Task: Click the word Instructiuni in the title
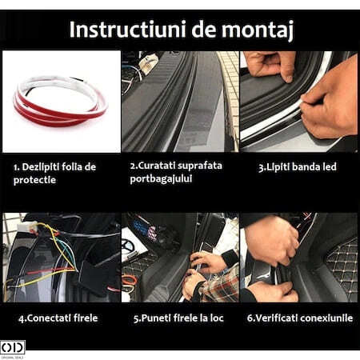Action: (x=127, y=29)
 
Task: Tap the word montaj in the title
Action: (x=258, y=30)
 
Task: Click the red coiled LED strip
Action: (x=61, y=102)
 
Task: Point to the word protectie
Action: (x=34, y=180)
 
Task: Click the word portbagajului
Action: (x=161, y=178)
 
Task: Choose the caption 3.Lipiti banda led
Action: (x=298, y=167)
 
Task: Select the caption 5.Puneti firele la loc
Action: (x=178, y=318)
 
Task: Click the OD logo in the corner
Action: (x=13, y=347)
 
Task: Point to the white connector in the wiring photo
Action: (x=27, y=227)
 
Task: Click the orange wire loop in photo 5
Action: (x=130, y=281)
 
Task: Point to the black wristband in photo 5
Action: (x=229, y=258)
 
